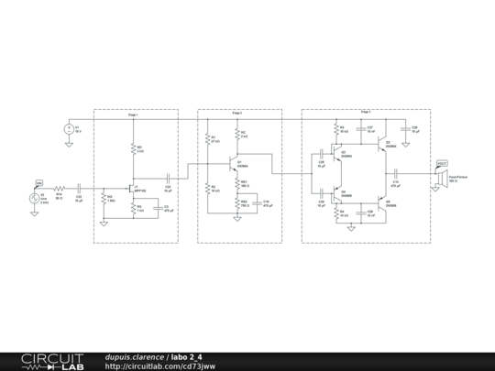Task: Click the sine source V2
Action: [38, 196]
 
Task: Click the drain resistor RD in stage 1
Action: [135, 149]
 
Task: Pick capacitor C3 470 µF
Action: [156, 208]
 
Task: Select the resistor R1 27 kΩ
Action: [210, 141]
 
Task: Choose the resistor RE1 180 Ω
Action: [239, 184]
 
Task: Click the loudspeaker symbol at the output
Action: [439, 171]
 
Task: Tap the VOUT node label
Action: [441, 162]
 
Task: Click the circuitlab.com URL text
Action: [160, 366]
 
